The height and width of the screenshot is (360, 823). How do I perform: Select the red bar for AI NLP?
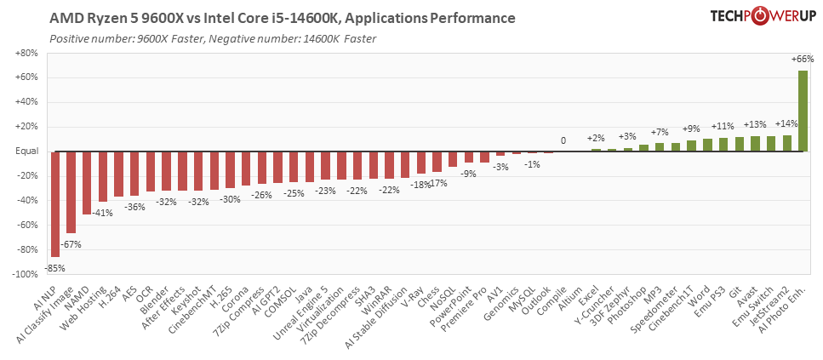(55, 204)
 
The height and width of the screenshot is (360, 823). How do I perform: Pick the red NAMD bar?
(87, 183)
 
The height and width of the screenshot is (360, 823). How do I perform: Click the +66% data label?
(802, 60)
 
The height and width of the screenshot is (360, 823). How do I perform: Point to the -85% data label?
(56, 267)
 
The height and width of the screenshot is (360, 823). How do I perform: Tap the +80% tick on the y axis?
(26, 54)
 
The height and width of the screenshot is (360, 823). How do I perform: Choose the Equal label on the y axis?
(26, 151)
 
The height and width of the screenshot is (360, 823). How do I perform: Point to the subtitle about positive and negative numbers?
(213, 38)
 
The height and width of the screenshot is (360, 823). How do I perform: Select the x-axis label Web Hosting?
(92, 307)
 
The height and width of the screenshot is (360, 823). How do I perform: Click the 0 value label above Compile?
(563, 140)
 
